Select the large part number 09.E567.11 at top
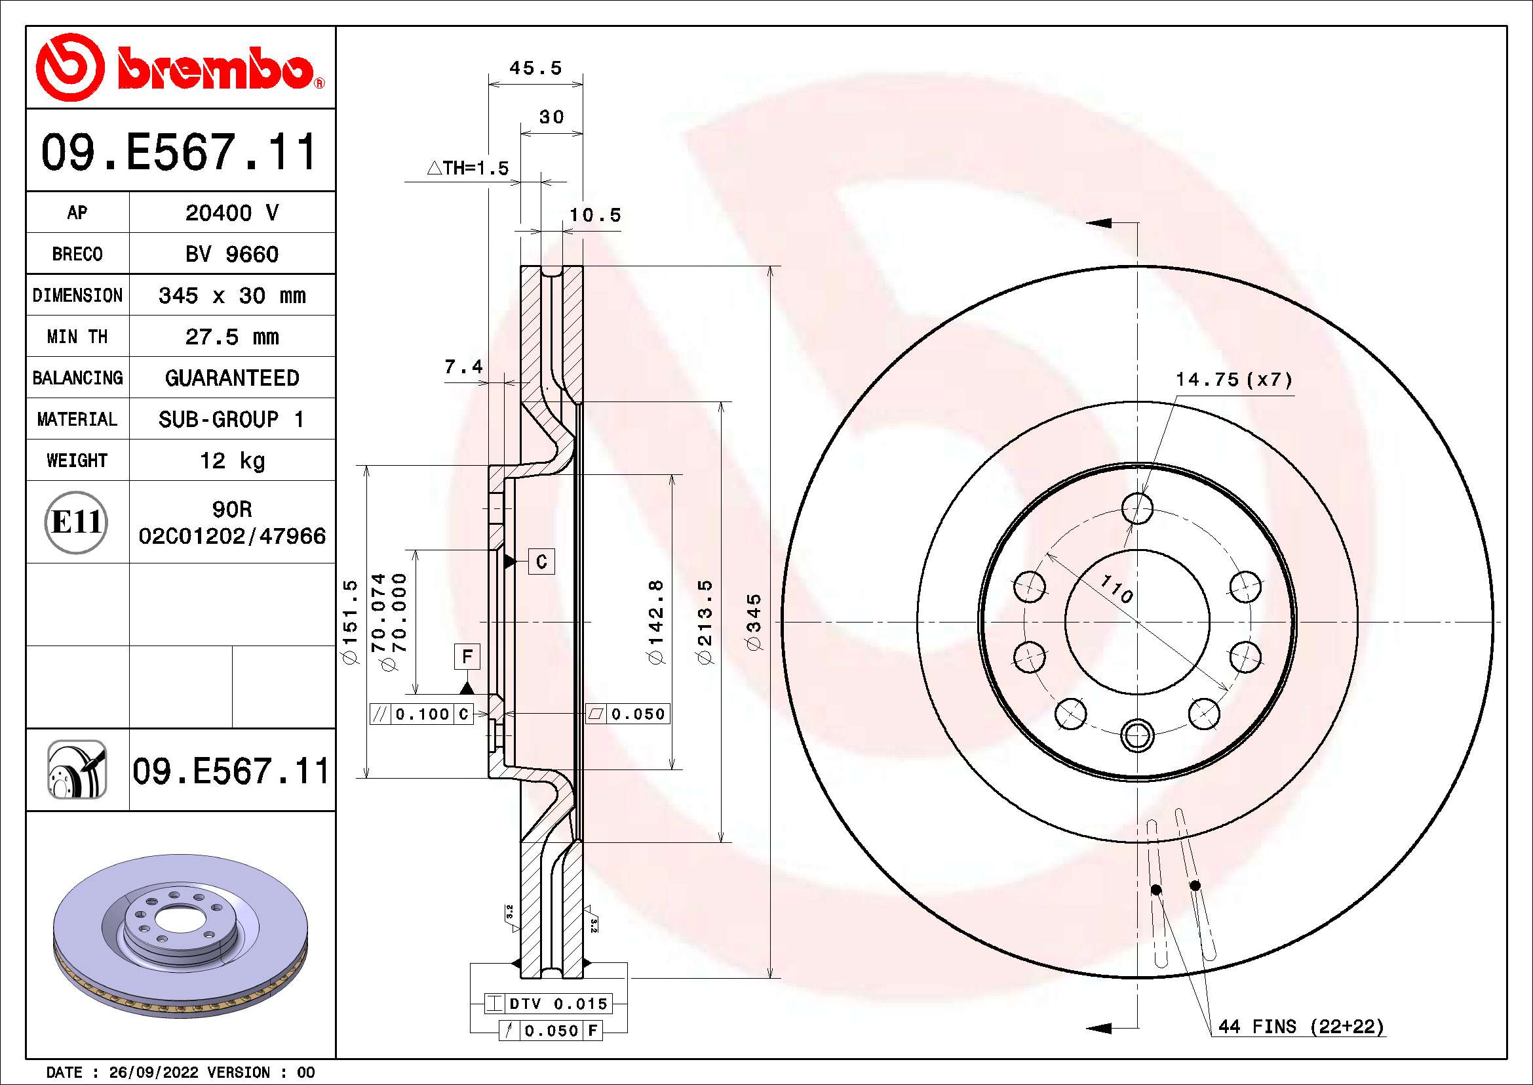pos(179,153)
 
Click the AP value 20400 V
pos(231,213)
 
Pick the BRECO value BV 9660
pos(231,255)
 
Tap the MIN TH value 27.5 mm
pos(231,337)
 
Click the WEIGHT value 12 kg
pos(231,461)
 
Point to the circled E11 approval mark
pos(76,522)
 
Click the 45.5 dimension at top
pos(535,68)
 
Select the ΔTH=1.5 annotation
pos(468,169)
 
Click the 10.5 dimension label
pos(595,215)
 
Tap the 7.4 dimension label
pos(463,367)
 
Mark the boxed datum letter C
pos(541,562)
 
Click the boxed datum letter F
pos(467,657)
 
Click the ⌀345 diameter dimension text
pos(754,622)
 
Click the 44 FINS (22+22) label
pos(1300,1027)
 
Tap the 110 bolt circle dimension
pos(1116,588)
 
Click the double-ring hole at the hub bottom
pos(1136,735)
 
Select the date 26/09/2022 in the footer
pos(153,1073)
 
